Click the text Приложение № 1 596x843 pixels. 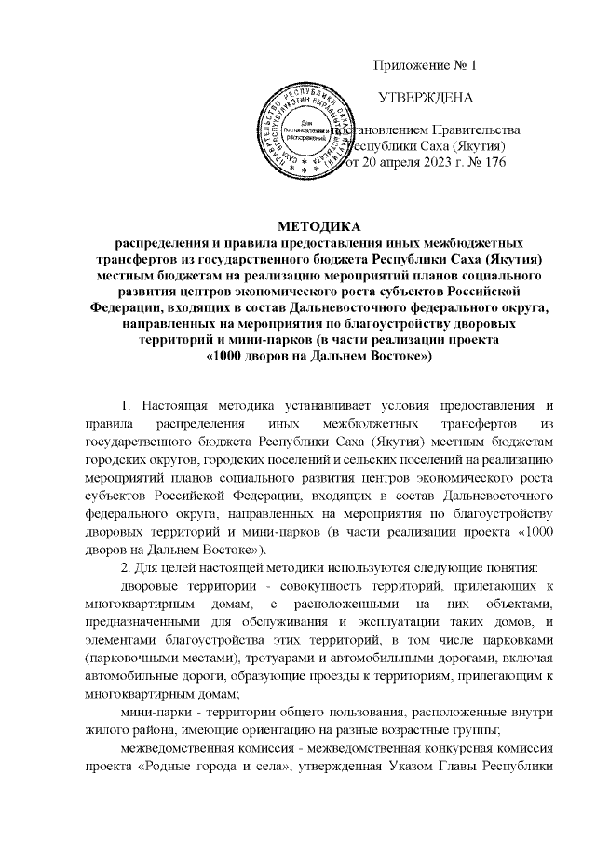425,65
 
